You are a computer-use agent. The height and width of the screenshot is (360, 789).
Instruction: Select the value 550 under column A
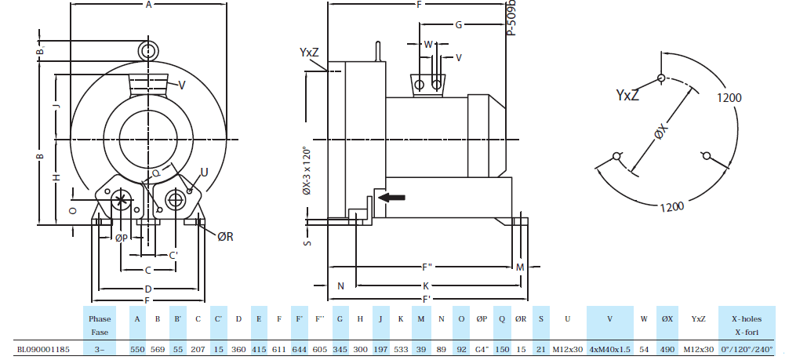click(137, 349)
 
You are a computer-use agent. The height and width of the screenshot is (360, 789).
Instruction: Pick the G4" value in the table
click(482, 349)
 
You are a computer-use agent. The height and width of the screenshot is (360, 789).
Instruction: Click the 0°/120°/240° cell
click(746, 349)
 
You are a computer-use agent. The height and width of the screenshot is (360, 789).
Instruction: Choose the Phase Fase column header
click(100, 325)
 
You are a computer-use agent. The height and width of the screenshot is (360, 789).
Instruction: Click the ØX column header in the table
click(667, 319)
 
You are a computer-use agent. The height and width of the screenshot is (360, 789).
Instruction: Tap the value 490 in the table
click(667, 349)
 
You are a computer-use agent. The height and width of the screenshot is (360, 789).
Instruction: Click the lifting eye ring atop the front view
click(147, 50)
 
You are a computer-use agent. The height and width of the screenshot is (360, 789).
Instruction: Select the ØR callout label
click(225, 236)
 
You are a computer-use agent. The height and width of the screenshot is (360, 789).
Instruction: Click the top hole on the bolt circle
click(663, 78)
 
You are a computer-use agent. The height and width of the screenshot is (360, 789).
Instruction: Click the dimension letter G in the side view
click(458, 24)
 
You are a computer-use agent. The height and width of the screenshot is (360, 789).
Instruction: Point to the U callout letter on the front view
click(204, 172)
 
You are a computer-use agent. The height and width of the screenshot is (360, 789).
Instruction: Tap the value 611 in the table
click(279, 349)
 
